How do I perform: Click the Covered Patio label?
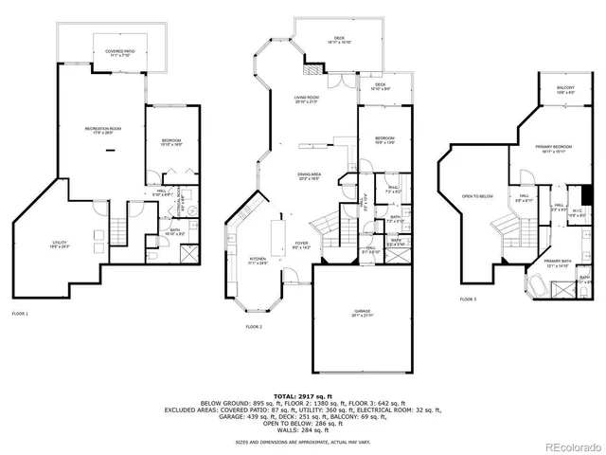click(x=119, y=54)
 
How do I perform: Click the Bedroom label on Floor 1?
click(x=170, y=142)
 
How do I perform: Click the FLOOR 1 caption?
click(x=20, y=313)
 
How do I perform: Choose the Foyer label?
click(x=302, y=245)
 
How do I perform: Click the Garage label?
click(x=363, y=312)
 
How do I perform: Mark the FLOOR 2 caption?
click(x=254, y=326)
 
